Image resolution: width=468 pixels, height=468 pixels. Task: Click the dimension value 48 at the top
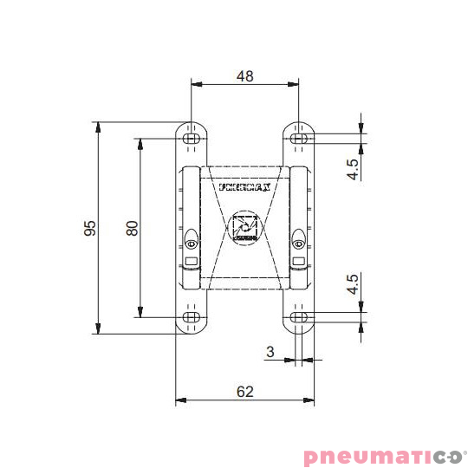(x=244, y=75)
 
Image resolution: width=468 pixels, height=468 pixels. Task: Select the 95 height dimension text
(x=89, y=227)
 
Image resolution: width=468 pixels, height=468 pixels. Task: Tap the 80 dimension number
(x=132, y=227)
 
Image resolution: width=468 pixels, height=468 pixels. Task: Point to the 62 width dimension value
(x=244, y=392)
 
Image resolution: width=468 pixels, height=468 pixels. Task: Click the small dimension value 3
(x=270, y=351)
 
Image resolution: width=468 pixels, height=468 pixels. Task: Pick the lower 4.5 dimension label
(x=353, y=285)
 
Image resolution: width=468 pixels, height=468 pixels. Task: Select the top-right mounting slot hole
(x=298, y=138)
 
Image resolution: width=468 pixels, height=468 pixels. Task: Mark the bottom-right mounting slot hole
(x=298, y=317)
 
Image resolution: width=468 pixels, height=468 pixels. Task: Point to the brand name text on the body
(x=245, y=185)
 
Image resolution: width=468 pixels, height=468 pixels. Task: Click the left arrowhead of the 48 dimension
(x=196, y=85)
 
